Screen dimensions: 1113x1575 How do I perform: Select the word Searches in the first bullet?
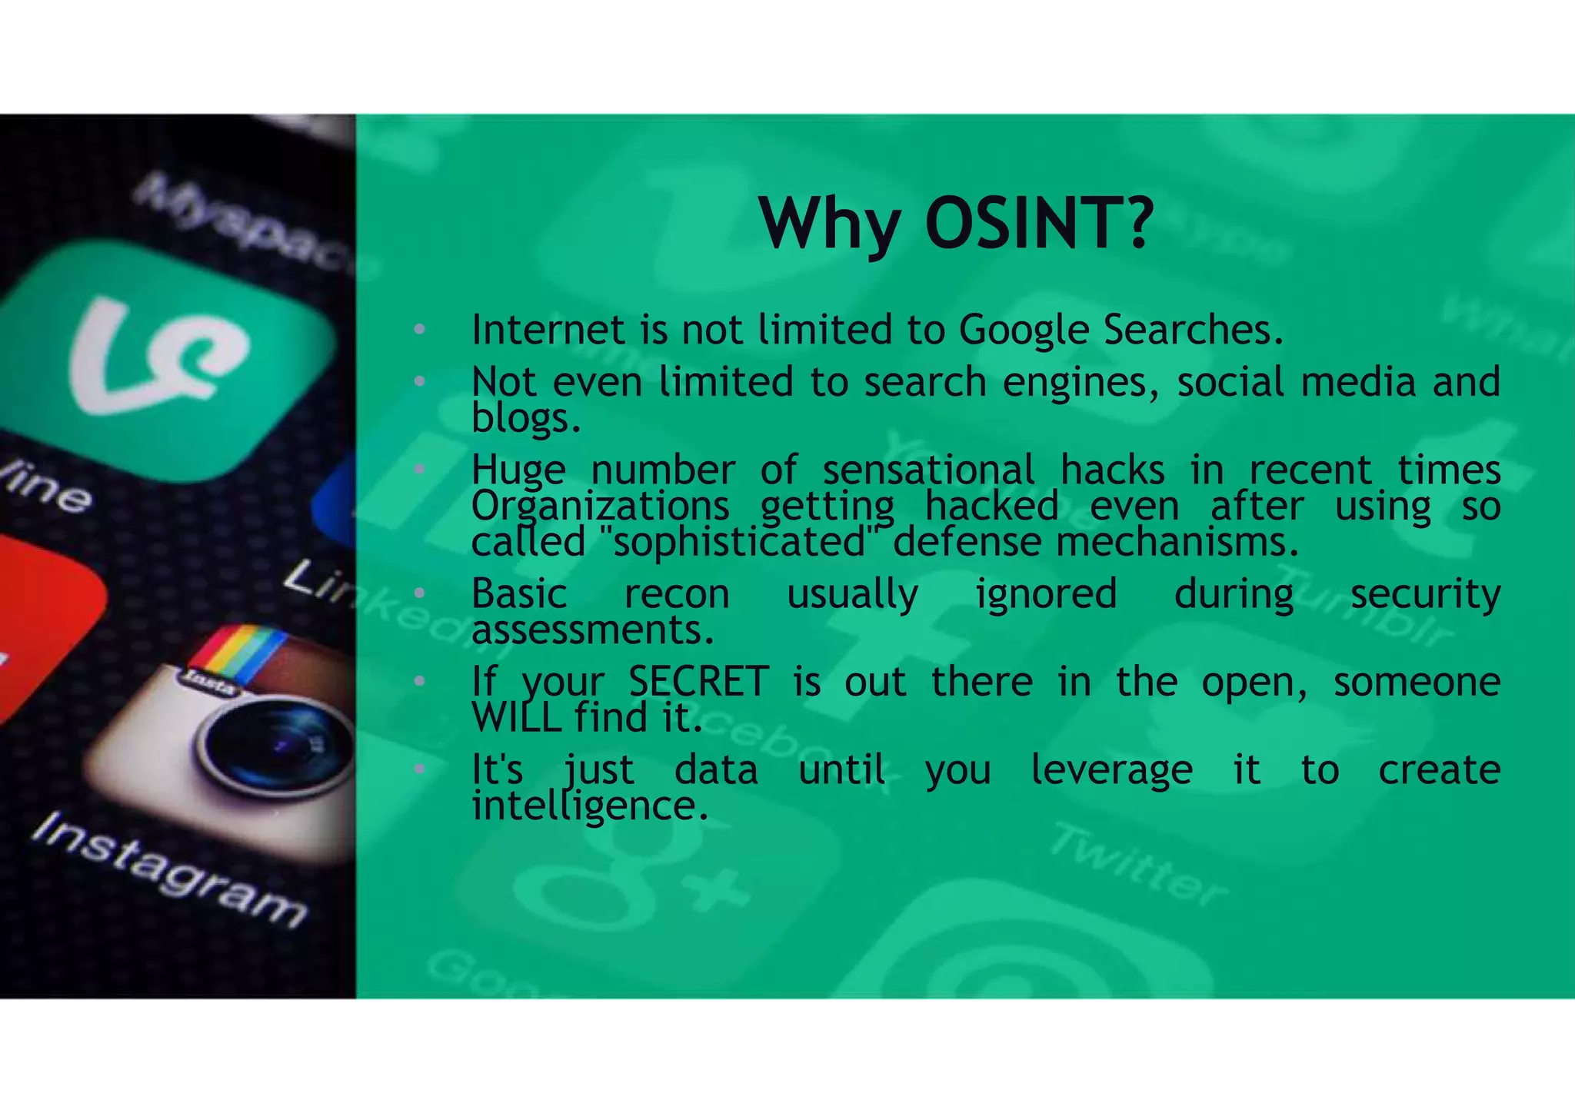(x=1193, y=331)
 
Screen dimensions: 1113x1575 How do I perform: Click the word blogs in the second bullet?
(x=525, y=418)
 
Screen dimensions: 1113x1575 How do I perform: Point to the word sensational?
(x=928, y=470)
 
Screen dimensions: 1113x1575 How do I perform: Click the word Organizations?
(x=600, y=507)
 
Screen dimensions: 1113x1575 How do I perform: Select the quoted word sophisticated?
(x=740, y=543)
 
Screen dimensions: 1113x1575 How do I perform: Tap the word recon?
(x=677, y=594)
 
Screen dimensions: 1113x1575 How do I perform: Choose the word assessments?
(x=592, y=631)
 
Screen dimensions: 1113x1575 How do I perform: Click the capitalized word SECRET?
(x=698, y=682)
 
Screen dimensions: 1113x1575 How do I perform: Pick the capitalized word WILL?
(x=516, y=719)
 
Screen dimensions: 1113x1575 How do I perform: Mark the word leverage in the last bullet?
(x=1111, y=770)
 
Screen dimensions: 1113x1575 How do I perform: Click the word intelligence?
(x=589, y=806)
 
